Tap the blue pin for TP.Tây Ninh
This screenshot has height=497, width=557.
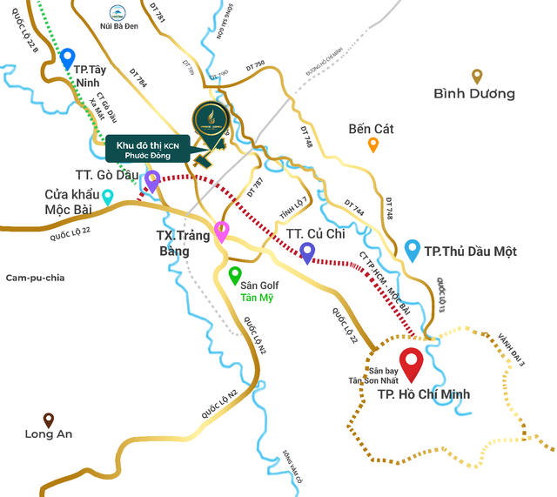(68, 58)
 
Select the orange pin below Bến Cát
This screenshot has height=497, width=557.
(373, 144)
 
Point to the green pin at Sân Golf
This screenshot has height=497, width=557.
(234, 275)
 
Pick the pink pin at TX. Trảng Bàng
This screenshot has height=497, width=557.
(222, 231)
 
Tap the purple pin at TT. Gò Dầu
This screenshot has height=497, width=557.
(152, 180)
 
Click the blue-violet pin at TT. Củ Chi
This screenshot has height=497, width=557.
(307, 252)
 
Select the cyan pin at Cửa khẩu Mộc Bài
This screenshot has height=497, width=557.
(108, 197)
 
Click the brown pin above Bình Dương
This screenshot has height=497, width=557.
(477, 76)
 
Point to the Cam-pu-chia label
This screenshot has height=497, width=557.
(36, 278)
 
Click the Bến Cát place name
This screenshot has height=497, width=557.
(371, 129)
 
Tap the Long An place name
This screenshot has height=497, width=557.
(49, 434)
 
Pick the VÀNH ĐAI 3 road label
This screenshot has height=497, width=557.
(512, 347)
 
